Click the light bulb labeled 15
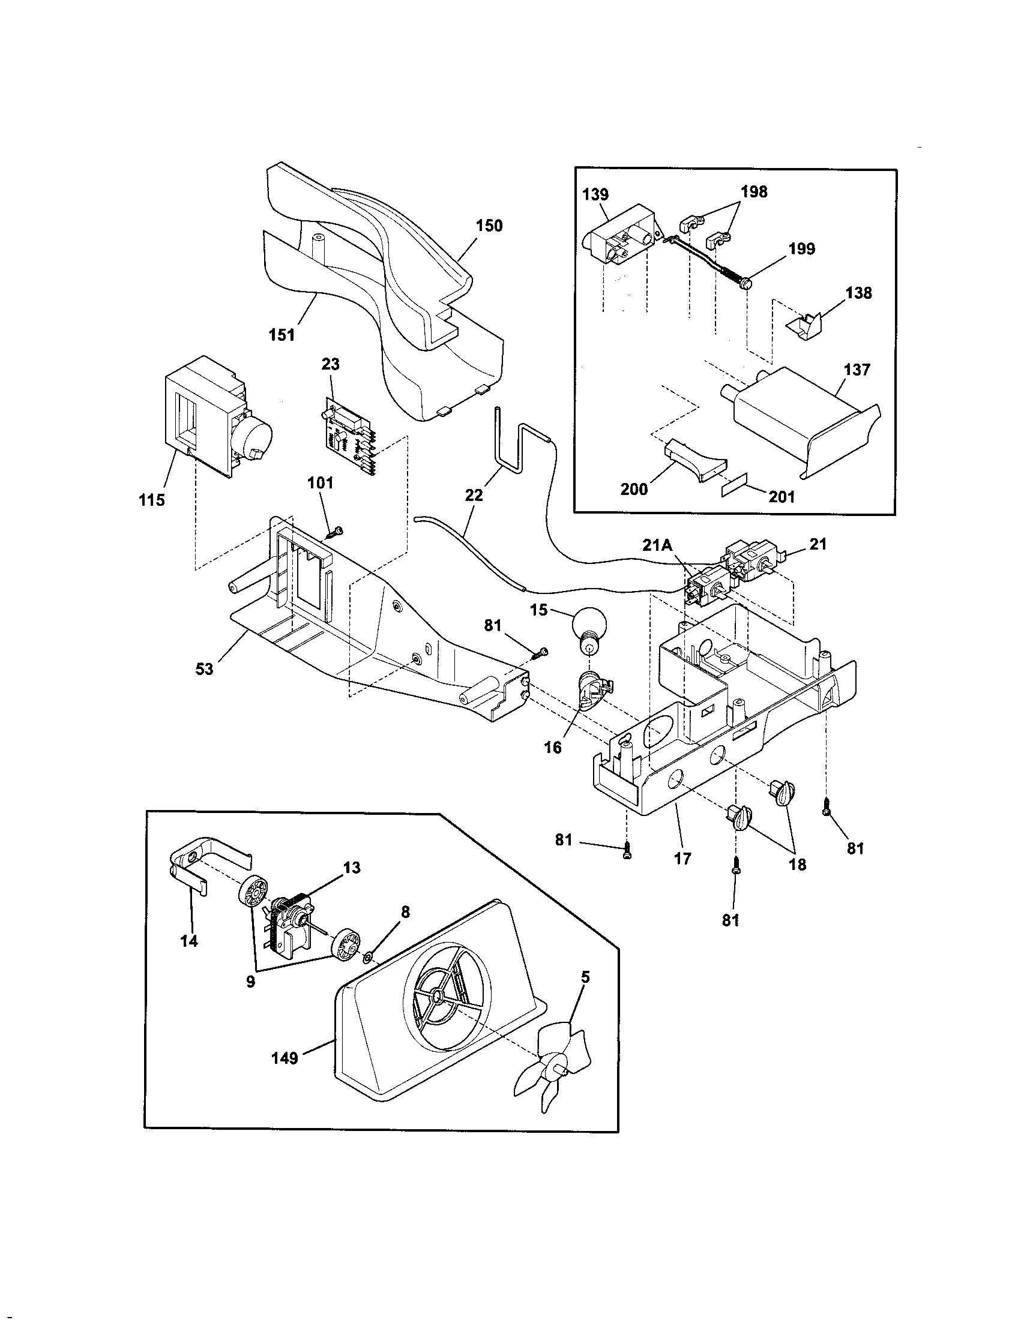(x=587, y=635)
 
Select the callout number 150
(x=489, y=226)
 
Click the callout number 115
(x=151, y=500)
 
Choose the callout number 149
(x=285, y=1058)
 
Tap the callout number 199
(x=801, y=249)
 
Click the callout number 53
(x=204, y=669)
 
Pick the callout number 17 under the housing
(x=682, y=859)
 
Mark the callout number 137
(x=857, y=369)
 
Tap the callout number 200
(x=634, y=489)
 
